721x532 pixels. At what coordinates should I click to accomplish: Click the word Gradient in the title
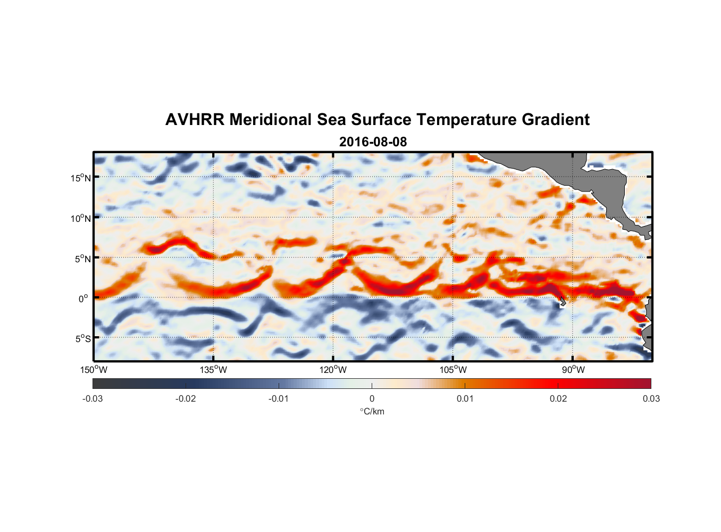[556, 120]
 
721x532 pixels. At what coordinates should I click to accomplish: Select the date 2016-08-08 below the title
[373, 142]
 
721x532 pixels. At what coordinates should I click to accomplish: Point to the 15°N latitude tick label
[81, 178]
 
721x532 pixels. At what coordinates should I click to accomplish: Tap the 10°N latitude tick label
[81, 218]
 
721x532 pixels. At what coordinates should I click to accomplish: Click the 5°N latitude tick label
[82, 259]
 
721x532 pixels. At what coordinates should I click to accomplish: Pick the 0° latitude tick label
[83, 298]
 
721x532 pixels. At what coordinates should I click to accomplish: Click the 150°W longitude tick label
[94, 370]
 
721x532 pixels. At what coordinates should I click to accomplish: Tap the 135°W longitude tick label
[213, 370]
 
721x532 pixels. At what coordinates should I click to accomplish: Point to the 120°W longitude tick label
[333, 370]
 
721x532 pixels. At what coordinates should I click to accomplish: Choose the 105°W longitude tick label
[453, 370]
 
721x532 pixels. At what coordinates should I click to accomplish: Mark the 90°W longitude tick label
[573, 370]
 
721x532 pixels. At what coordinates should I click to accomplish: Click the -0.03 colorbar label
[93, 398]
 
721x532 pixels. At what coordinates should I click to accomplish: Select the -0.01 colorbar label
[278, 398]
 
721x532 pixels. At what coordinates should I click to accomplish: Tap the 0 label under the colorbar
[372, 398]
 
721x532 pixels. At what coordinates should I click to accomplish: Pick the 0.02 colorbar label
[558, 398]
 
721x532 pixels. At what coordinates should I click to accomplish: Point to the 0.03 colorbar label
[651, 398]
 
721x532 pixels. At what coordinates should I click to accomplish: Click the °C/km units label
[372, 411]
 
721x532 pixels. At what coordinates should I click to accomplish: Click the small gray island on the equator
[563, 302]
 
